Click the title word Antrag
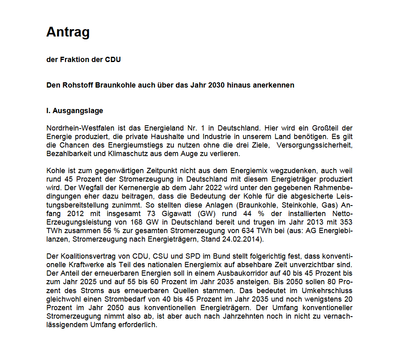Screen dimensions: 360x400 [68, 32]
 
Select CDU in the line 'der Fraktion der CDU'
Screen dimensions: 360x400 [113, 60]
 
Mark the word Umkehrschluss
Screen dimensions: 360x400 [326, 291]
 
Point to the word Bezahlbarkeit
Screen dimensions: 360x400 [66, 154]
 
